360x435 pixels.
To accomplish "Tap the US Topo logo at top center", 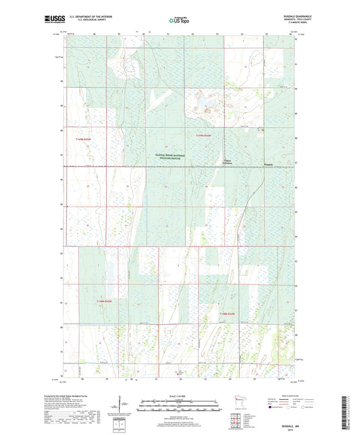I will (174, 20).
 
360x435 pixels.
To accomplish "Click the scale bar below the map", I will (179, 405).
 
